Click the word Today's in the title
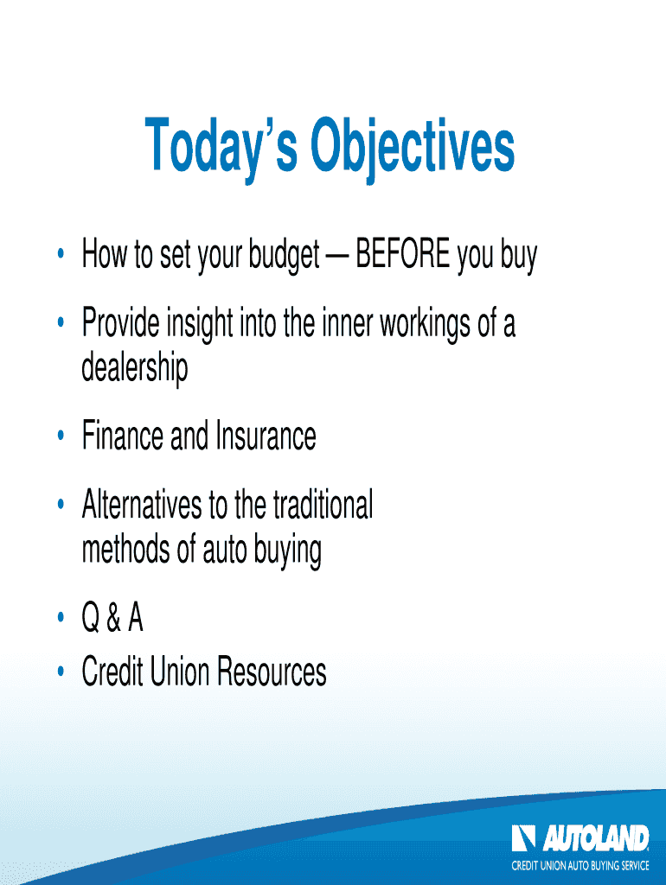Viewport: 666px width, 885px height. (x=221, y=145)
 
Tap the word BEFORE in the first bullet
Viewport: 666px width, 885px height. (x=403, y=254)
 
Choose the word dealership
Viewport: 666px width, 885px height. (x=134, y=369)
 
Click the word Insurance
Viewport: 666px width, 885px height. (x=266, y=436)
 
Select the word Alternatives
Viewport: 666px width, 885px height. (x=142, y=505)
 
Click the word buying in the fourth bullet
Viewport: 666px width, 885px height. (x=287, y=551)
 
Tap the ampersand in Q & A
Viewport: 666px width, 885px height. (x=113, y=618)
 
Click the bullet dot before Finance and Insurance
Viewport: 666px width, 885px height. (x=61, y=436)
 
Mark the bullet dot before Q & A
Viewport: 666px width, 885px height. (x=61, y=618)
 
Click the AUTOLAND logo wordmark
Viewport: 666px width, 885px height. (x=596, y=838)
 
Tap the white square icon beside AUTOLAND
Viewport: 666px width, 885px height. (x=523, y=838)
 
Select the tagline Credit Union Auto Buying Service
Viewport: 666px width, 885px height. (x=580, y=865)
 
